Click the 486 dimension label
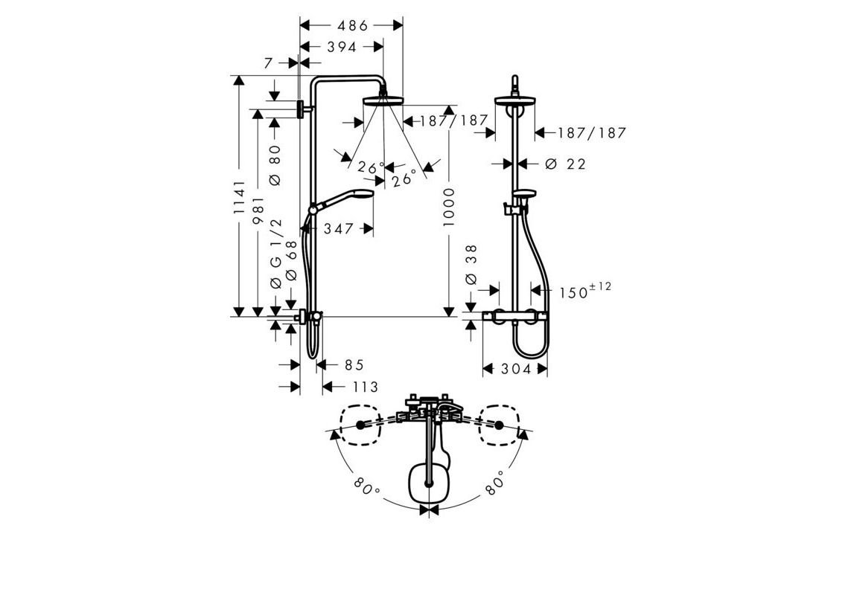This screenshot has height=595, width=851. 352,25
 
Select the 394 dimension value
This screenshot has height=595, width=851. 342,47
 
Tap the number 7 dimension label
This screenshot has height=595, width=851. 268,63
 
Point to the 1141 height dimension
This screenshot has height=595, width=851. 240,197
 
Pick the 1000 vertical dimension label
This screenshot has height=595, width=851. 448,208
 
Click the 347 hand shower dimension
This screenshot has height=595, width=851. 339,229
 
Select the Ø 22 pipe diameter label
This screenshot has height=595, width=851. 566,164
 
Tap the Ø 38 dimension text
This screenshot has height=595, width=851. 471,265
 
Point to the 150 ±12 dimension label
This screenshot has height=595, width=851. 585,290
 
